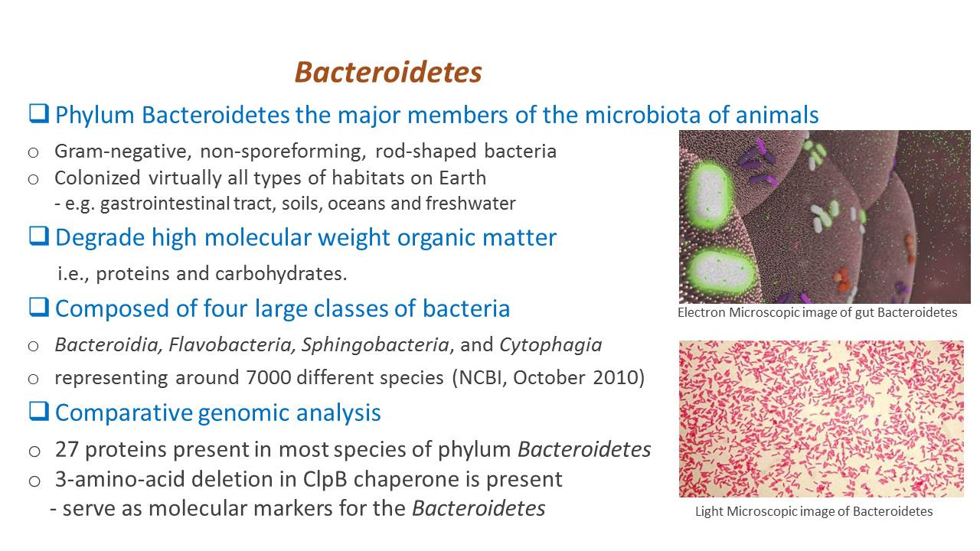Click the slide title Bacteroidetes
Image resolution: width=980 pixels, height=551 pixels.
point(388,72)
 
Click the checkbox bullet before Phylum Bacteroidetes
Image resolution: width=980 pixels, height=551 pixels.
point(39,114)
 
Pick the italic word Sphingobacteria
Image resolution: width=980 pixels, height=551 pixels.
point(375,345)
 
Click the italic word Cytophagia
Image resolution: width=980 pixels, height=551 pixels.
point(550,345)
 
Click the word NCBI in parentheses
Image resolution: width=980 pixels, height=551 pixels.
point(481,378)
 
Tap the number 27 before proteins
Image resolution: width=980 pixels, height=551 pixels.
point(67,449)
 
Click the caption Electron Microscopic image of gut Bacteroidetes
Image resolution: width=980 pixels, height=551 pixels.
point(817,312)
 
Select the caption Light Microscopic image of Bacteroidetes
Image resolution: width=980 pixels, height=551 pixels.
point(814,511)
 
